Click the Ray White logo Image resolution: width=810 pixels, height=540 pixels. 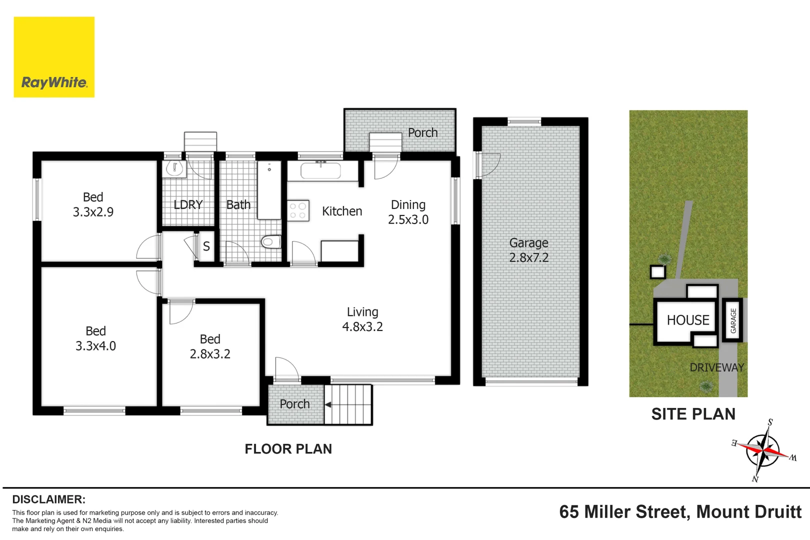(x=54, y=57)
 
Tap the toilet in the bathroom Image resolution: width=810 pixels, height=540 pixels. (x=270, y=242)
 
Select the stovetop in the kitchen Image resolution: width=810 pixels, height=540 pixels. (x=298, y=210)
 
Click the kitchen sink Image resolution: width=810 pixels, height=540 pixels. (x=320, y=170)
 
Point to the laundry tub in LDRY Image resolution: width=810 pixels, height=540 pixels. (x=174, y=168)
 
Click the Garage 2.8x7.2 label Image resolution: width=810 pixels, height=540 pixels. (x=529, y=250)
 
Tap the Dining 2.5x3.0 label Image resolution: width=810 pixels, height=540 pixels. (x=408, y=212)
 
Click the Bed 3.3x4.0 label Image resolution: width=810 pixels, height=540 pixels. (x=95, y=338)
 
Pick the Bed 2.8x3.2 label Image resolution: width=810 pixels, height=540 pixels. (x=210, y=346)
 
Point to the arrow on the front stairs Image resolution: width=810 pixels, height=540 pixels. (x=328, y=404)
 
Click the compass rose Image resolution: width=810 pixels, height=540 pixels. (x=763, y=450)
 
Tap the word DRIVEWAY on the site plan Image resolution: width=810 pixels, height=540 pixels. (x=716, y=367)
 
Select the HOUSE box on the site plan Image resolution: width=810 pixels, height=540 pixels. (x=687, y=320)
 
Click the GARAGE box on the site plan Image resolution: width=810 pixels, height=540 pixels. (x=733, y=320)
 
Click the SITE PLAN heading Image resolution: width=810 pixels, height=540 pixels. (x=693, y=414)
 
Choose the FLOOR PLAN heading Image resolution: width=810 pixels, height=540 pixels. (x=288, y=449)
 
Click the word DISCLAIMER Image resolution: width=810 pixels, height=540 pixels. (x=48, y=499)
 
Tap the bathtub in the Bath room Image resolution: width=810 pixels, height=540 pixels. (x=269, y=190)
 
